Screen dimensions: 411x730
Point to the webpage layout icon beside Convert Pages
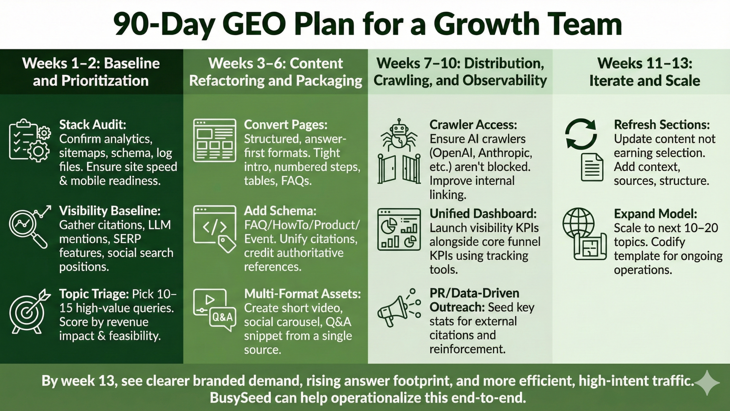214,140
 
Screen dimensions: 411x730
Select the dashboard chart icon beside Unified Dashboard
399,229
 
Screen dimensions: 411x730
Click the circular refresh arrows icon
580,134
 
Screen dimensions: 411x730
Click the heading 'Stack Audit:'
92,124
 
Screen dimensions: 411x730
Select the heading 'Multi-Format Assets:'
302,294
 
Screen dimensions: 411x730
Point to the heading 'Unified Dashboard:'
483,213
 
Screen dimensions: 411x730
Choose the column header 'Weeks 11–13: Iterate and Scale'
644,72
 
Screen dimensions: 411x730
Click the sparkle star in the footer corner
707,383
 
